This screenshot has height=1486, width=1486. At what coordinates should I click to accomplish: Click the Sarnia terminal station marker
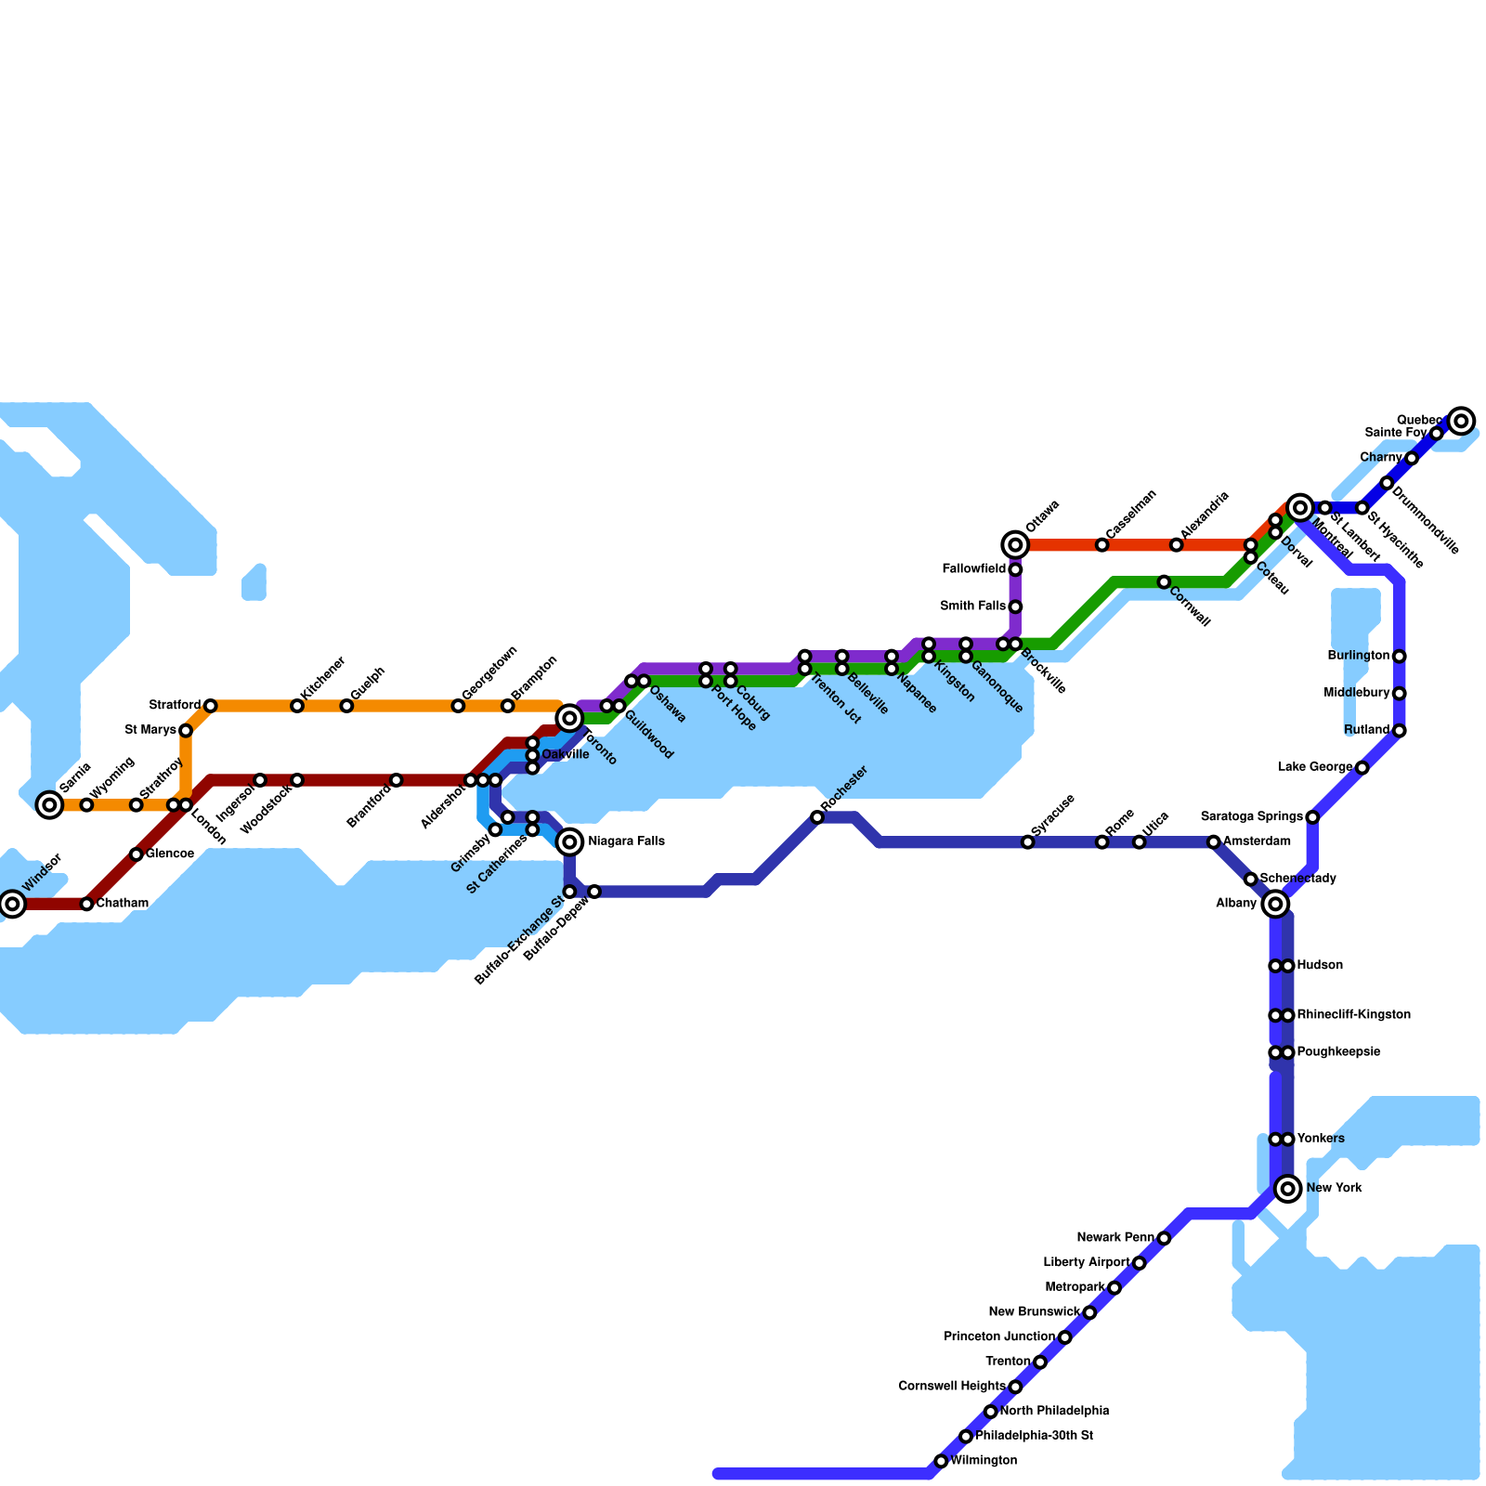[50, 805]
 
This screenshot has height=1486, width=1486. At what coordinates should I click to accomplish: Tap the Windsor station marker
[12, 903]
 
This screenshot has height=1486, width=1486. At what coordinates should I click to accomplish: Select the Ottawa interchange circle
[1015, 544]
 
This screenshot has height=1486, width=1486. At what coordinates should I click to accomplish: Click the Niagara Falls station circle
[571, 841]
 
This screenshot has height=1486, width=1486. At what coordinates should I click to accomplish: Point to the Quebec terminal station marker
[1461, 421]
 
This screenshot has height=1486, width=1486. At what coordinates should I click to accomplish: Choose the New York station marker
[1287, 1188]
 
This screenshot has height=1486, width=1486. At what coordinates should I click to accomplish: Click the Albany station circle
[1276, 903]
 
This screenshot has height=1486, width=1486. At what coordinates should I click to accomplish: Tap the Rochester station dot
[816, 817]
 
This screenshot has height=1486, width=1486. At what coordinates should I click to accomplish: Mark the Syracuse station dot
[1027, 841]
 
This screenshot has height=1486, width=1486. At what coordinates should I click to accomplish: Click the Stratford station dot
[211, 706]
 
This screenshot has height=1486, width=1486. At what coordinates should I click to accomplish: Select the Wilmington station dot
[941, 1461]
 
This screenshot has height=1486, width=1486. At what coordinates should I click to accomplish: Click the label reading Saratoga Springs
[1251, 817]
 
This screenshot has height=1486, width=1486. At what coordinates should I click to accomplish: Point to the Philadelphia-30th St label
[1034, 1436]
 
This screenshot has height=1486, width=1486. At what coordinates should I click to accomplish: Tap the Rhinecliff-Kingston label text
[1353, 1015]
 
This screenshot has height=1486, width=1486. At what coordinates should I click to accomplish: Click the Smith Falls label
[972, 606]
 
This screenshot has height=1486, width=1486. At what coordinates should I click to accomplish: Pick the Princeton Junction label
[998, 1337]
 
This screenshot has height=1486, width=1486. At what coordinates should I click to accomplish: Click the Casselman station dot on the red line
[1101, 544]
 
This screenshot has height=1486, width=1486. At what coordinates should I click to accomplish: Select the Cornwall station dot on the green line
[1164, 581]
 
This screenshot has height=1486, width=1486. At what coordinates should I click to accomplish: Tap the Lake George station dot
[1362, 768]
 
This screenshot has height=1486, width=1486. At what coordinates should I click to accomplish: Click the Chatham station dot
[86, 904]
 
